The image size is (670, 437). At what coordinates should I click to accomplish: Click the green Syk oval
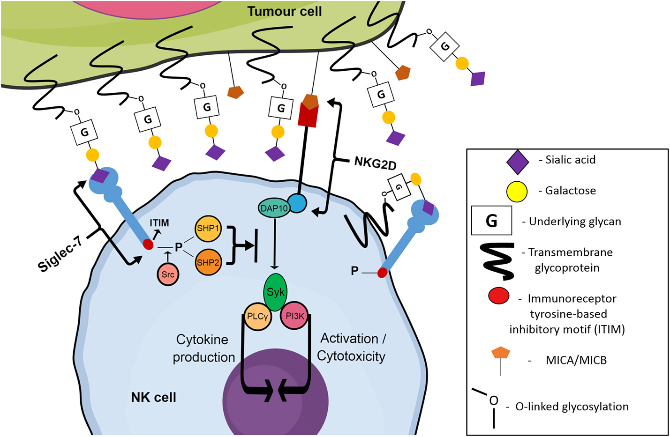(275, 292)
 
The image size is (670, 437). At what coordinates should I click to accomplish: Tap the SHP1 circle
(208, 229)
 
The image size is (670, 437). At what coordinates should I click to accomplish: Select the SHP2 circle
(208, 263)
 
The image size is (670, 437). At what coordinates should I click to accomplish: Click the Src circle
(168, 274)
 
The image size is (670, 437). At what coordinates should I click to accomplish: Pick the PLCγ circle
(257, 316)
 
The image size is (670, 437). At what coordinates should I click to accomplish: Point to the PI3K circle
(294, 316)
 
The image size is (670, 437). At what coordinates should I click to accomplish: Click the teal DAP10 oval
(274, 208)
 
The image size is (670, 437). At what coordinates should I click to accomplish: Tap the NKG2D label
(375, 163)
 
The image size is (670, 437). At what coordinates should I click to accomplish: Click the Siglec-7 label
(60, 253)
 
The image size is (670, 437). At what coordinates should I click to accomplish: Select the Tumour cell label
(284, 11)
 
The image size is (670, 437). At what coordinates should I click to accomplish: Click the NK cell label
(153, 397)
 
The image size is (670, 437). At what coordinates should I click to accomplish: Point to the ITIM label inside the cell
(159, 223)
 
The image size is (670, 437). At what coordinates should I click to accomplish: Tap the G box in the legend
(491, 221)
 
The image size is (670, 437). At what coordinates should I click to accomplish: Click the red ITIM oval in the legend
(499, 296)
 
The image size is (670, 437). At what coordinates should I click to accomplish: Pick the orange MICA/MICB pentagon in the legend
(501, 353)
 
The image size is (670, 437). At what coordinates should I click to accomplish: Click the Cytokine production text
(203, 348)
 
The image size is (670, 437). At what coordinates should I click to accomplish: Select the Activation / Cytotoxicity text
(352, 347)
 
